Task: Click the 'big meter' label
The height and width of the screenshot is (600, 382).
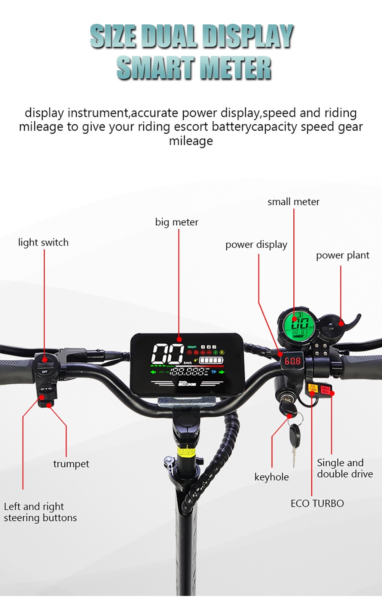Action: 176,222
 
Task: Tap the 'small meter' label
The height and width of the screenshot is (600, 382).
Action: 293,202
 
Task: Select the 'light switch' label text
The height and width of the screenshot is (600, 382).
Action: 43,242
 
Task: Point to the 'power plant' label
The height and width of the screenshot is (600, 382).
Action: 342,255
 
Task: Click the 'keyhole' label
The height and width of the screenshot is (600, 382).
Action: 271,477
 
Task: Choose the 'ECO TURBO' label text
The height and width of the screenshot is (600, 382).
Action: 317,503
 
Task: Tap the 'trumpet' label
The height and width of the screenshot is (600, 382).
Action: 71,464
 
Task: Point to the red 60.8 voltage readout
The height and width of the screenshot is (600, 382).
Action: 293,361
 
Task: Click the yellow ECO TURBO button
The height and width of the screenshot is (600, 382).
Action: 312,389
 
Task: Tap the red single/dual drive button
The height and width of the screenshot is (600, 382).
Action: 325,390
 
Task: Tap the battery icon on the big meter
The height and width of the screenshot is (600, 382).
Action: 210,361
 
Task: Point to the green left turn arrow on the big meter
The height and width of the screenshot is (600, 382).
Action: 154,372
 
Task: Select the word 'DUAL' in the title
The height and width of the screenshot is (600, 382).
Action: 170,37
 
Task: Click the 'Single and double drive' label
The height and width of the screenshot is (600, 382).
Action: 345,468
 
